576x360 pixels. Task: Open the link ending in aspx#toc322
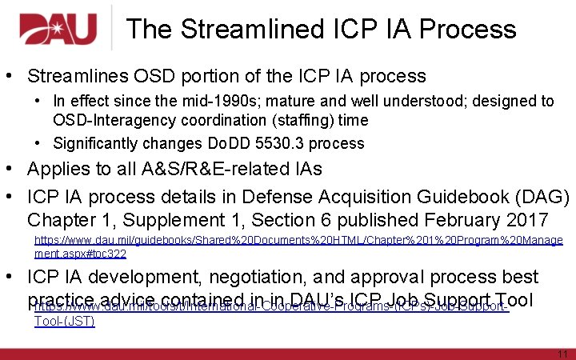[80, 254]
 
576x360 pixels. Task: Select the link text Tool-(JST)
[64, 322]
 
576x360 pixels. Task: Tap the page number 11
[561, 354]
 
